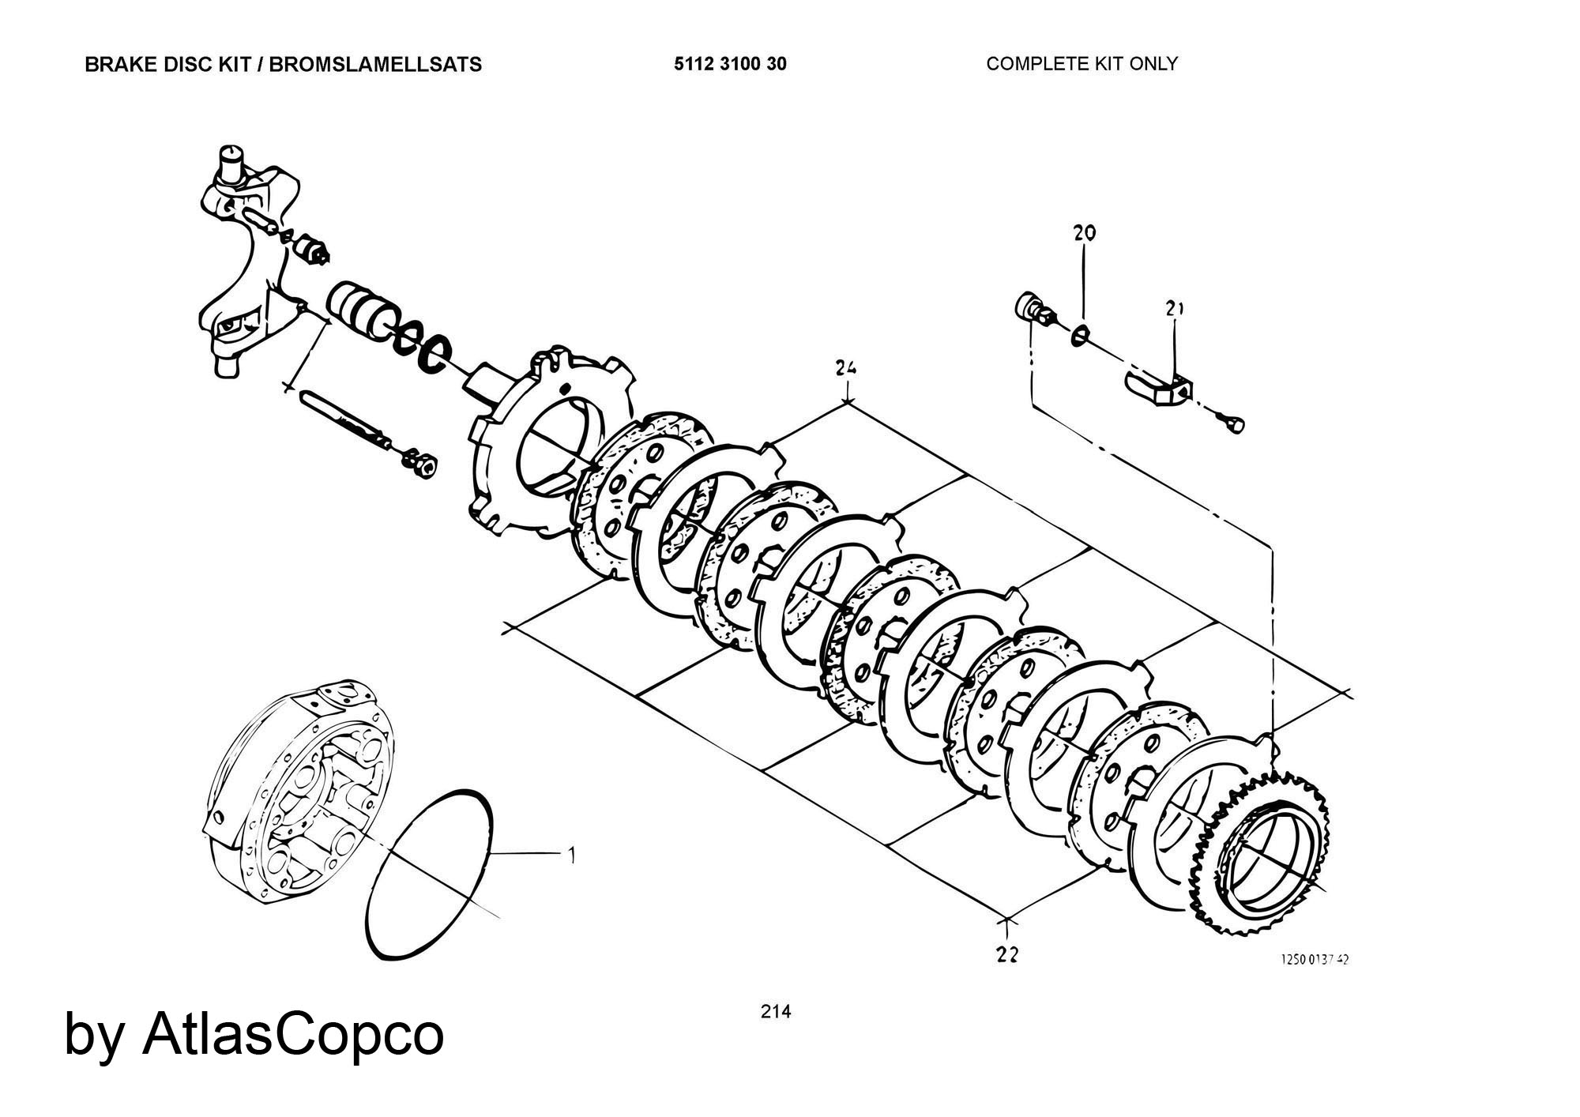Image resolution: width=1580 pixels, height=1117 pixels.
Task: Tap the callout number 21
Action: [x=1174, y=308]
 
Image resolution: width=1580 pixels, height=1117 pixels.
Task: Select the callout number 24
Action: [x=846, y=367]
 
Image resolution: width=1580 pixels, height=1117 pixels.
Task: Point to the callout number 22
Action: [x=1006, y=954]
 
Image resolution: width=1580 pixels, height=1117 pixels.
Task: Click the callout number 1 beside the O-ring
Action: [x=571, y=855]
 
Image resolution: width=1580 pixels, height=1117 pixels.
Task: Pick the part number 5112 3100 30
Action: [x=730, y=64]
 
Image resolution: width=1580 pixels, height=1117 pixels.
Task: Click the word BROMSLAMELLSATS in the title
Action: [x=375, y=64]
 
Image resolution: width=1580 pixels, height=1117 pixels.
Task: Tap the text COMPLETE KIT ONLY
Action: [x=1082, y=63]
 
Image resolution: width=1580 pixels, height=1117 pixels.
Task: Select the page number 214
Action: [x=775, y=1011]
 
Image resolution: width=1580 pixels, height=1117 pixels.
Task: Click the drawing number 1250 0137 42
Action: [x=1315, y=959]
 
